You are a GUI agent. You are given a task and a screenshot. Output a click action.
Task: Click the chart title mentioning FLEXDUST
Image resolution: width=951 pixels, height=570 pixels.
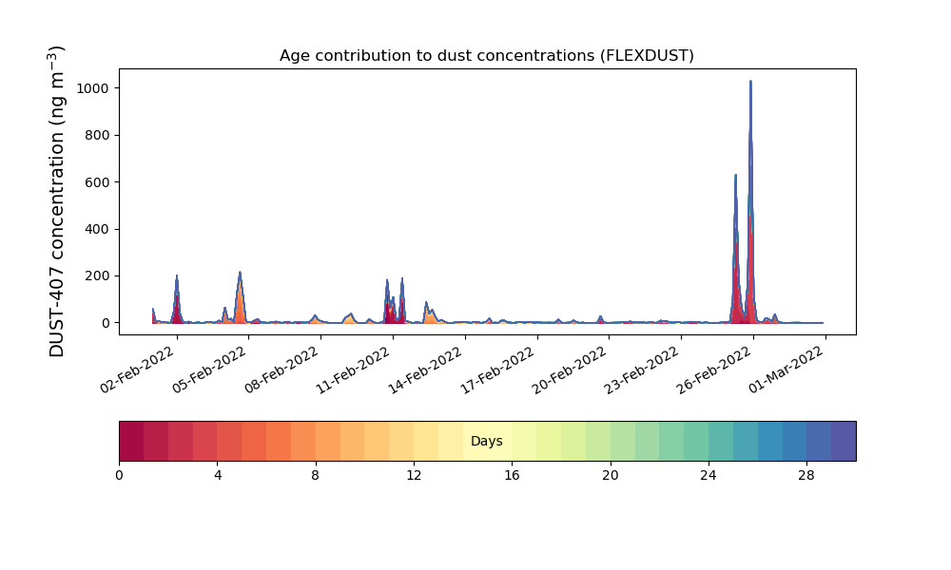pyautogui.click(x=486, y=56)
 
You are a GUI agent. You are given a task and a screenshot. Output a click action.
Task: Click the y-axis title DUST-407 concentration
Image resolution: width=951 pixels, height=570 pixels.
pyautogui.click(x=56, y=201)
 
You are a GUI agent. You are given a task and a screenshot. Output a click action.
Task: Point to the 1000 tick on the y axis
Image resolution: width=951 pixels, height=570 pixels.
pyautogui.click(x=93, y=88)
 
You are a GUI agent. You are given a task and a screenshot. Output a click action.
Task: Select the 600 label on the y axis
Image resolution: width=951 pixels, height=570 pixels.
pyautogui.click(x=97, y=182)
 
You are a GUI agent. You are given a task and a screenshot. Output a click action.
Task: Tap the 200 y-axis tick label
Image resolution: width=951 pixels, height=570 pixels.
pyautogui.click(x=97, y=276)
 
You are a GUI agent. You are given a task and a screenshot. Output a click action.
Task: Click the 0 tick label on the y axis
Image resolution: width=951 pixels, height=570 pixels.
pyautogui.click(x=106, y=323)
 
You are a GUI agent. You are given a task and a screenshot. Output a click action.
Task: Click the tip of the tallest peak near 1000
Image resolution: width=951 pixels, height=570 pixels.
pyautogui.click(x=750, y=81)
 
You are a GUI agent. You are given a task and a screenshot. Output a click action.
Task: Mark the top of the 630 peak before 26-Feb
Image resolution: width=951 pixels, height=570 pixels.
pyautogui.click(x=736, y=175)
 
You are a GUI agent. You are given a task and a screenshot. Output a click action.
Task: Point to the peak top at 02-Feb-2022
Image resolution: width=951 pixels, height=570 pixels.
pyautogui.click(x=177, y=275)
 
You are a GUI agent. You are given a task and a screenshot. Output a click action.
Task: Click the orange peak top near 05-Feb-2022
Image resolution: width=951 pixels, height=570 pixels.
pyautogui.click(x=240, y=272)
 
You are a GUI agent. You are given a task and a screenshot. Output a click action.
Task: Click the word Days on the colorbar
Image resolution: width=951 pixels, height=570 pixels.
pyautogui.click(x=486, y=441)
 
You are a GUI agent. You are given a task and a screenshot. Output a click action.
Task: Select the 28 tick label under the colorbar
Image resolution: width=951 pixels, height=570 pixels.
pyautogui.click(x=806, y=476)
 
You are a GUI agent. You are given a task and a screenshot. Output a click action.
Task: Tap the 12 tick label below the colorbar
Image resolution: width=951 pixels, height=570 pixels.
pyautogui.click(x=414, y=476)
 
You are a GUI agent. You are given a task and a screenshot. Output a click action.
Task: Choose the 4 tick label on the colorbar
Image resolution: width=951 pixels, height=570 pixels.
pyautogui.click(x=218, y=476)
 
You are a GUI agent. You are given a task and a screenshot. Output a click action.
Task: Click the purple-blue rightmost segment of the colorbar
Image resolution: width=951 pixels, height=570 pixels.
pyautogui.click(x=844, y=441)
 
